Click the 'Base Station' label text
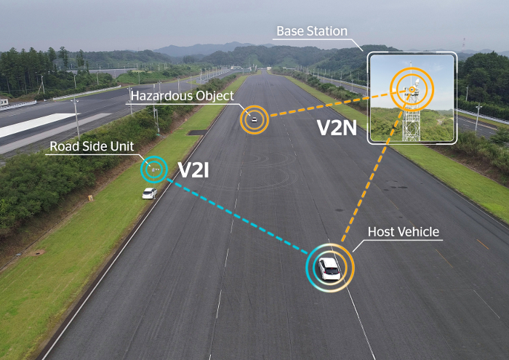click(x=312, y=31)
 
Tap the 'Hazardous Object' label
click(x=183, y=96)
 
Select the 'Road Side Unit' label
click(x=92, y=146)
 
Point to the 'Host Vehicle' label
click(x=404, y=232)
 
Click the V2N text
click(x=337, y=127)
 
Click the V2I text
click(x=193, y=169)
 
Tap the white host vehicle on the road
click(x=329, y=269)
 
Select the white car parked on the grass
click(x=149, y=193)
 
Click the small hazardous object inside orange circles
click(x=254, y=120)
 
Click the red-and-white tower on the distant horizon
click(x=464, y=44)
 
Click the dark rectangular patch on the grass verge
click(x=197, y=132)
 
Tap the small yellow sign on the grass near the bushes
click(x=91, y=197)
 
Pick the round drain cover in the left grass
click(x=39, y=252)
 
